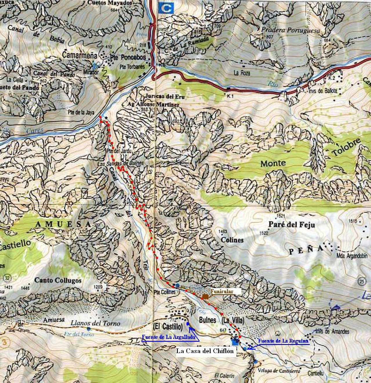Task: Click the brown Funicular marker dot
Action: pyautogui.click(x=205, y=296)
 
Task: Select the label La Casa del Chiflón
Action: pyautogui.click(x=205, y=351)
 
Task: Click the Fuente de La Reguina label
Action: pyautogui.click(x=283, y=341)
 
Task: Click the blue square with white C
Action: pyautogui.click(x=166, y=8)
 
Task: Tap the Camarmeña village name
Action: pyautogui.click(x=79, y=55)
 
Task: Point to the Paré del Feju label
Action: pyautogui.click(x=292, y=224)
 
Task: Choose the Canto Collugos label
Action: pyautogui.click(x=58, y=280)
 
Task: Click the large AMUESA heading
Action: pyautogui.click(x=63, y=224)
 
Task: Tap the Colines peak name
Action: pyautogui.click(x=232, y=240)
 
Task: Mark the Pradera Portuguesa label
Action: pyautogui.click(x=291, y=30)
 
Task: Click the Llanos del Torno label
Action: pyautogui.click(x=95, y=323)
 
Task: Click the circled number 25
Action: pyautogui.click(x=361, y=281)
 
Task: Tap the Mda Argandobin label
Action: pyautogui.click(x=352, y=256)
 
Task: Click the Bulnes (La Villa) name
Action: pyautogui.click(x=222, y=320)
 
